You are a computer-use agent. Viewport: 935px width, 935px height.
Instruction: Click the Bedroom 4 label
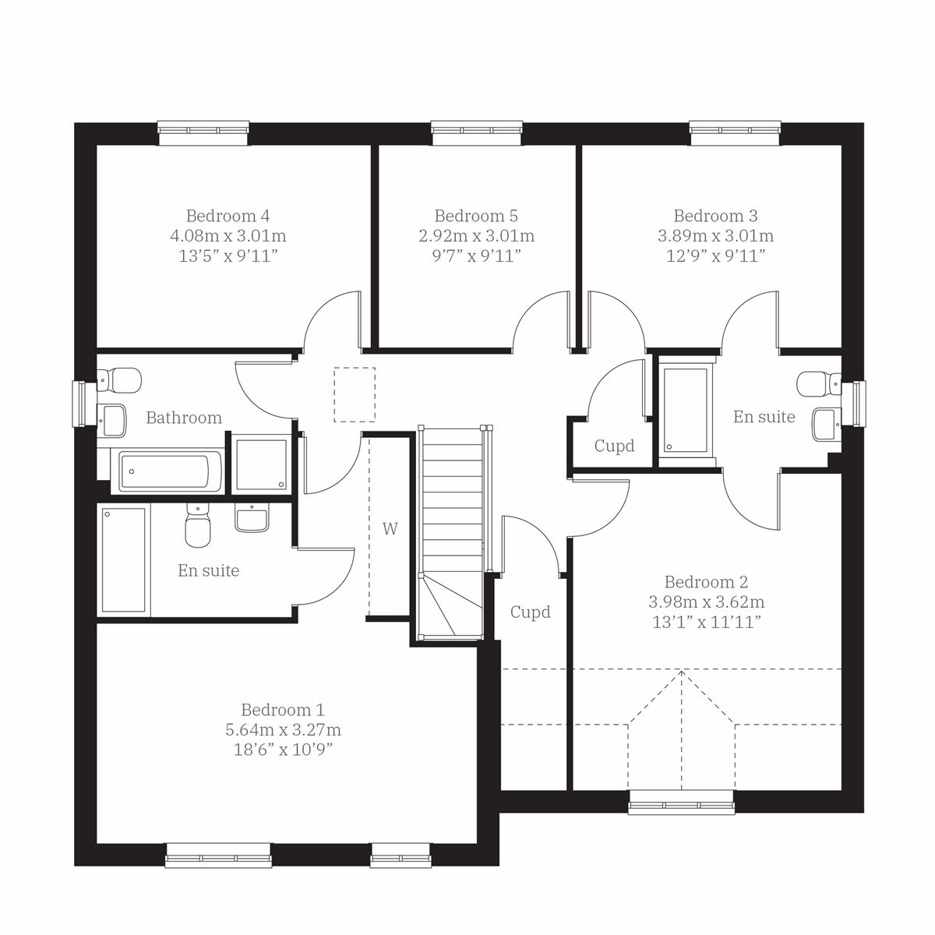228,216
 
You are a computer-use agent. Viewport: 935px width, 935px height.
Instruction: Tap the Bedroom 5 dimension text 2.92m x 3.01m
476,236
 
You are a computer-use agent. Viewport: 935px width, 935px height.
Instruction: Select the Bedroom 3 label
715,216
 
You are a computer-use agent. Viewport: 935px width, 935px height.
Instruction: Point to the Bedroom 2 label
706,582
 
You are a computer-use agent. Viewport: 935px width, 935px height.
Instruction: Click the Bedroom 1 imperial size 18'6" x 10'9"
283,750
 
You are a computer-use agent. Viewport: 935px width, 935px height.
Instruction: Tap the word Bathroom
184,418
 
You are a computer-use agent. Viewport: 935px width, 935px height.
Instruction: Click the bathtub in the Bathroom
164,471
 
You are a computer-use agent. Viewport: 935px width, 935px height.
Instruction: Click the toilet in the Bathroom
121,381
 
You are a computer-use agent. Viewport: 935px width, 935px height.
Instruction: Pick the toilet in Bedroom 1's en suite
197,526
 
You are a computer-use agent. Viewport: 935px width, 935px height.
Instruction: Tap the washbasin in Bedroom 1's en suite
252,517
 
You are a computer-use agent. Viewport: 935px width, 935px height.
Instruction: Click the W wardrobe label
390,529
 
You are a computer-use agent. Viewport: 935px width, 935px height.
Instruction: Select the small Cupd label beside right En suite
614,446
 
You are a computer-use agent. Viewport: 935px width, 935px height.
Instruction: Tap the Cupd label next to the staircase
530,612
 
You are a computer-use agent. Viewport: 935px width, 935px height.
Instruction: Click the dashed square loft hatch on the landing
355,395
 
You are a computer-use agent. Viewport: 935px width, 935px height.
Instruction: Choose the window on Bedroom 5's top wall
476,132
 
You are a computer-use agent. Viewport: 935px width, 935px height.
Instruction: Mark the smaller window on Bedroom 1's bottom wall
400,856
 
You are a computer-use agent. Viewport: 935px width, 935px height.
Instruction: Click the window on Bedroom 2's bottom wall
681,803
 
